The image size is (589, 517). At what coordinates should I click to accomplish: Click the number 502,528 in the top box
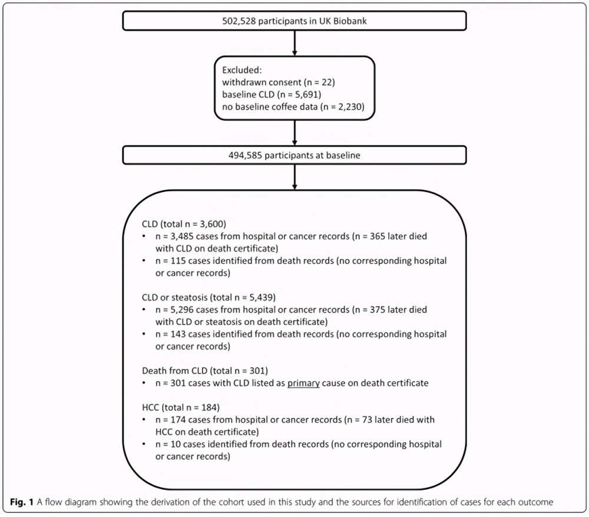tap(239, 21)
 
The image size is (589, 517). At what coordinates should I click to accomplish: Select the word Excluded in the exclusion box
tap(241, 70)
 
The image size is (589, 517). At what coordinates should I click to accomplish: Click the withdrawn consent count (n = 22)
tap(319, 83)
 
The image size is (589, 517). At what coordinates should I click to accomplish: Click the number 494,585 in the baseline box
tap(245, 155)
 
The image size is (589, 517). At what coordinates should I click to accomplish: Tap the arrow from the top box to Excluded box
tap(294, 43)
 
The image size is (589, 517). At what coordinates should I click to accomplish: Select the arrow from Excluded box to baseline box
tap(294, 133)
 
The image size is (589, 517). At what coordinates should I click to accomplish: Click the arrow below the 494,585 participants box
tap(294, 177)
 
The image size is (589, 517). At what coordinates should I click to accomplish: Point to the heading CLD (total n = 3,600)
tap(184, 224)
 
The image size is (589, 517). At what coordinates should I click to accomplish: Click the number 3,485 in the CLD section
tap(182, 236)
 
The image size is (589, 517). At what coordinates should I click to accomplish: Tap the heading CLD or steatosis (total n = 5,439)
tap(209, 298)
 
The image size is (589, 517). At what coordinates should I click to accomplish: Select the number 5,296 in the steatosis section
tap(182, 310)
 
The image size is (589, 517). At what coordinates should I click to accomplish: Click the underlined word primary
tap(303, 384)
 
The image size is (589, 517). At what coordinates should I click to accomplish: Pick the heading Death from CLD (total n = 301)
tap(205, 371)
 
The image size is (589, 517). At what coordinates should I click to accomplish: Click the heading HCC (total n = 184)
tap(181, 407)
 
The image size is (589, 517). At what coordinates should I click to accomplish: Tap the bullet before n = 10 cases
tap(144, 444)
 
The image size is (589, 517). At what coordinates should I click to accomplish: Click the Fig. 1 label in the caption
tap(22, 502)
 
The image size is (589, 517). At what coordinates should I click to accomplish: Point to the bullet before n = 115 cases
tap(144, 261)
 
